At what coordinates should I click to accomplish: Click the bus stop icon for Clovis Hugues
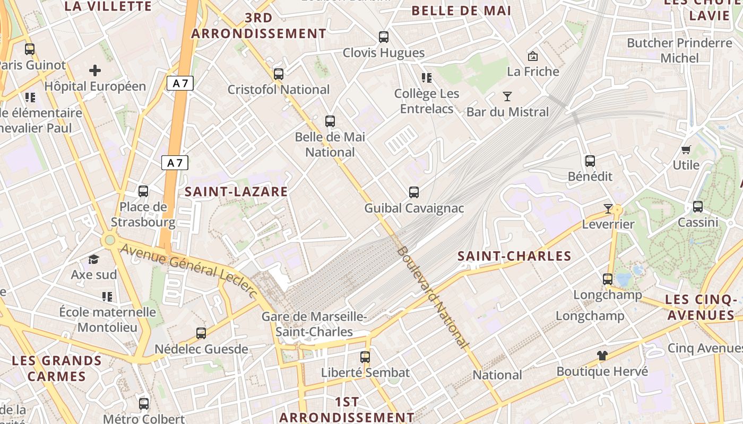384,37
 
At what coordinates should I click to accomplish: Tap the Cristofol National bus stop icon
279,74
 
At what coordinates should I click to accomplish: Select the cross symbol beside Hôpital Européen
95,70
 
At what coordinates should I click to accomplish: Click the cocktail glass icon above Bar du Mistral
507,96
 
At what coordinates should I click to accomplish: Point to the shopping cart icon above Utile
686,150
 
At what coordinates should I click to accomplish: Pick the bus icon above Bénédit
590,161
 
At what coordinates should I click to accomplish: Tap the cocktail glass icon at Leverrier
608,209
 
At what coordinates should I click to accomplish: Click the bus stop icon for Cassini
698,207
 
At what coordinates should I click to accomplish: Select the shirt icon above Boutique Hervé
602,356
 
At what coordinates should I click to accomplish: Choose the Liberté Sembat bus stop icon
365,357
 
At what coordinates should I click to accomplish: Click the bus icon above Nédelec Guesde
201,333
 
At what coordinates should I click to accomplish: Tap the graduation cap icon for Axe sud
94,259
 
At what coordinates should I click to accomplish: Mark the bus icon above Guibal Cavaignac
414,192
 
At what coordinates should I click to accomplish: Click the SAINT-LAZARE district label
236,191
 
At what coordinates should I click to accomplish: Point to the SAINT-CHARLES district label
514,256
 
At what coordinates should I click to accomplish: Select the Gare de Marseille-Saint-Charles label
314,324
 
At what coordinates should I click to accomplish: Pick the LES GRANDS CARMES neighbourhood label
57,368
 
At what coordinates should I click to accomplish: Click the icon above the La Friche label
532,56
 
